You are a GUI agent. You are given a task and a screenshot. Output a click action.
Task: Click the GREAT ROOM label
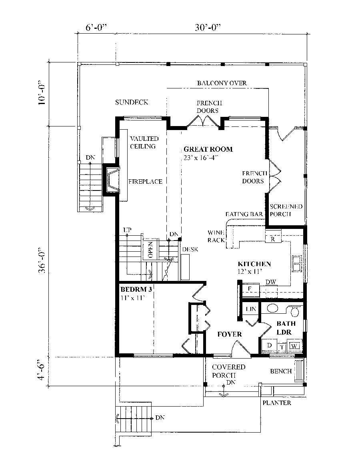(x=208, y=150)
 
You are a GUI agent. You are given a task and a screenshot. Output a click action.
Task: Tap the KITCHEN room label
(x=254, y=264)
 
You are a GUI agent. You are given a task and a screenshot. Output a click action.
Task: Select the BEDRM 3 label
(x=136, y=289)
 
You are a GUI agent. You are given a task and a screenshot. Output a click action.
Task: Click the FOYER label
(x=230, y=334)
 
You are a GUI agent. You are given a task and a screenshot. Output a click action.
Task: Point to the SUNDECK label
(x=132, y=102)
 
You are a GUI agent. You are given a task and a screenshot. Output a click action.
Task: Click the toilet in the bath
(x=295, y=310)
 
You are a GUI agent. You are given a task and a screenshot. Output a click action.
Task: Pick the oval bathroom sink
(x=273, y=309)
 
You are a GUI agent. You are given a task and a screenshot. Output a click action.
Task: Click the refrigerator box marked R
(x=272, y=239)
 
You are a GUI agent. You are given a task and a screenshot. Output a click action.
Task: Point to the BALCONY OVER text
(x=222, y=83)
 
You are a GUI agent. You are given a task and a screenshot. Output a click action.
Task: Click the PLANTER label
(x=277, y=403)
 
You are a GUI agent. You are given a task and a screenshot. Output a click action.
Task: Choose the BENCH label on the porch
(x=280, y=371)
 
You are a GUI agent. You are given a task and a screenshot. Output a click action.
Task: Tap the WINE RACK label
(x=216, y=237)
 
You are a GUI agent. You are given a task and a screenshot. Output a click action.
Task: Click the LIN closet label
(x=250, y=309)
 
